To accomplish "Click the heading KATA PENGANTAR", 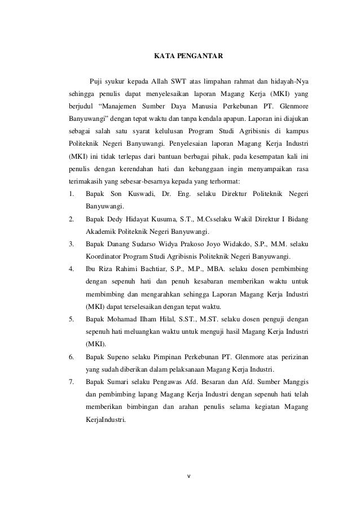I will [188, 56].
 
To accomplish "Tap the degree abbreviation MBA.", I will [211, 269].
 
